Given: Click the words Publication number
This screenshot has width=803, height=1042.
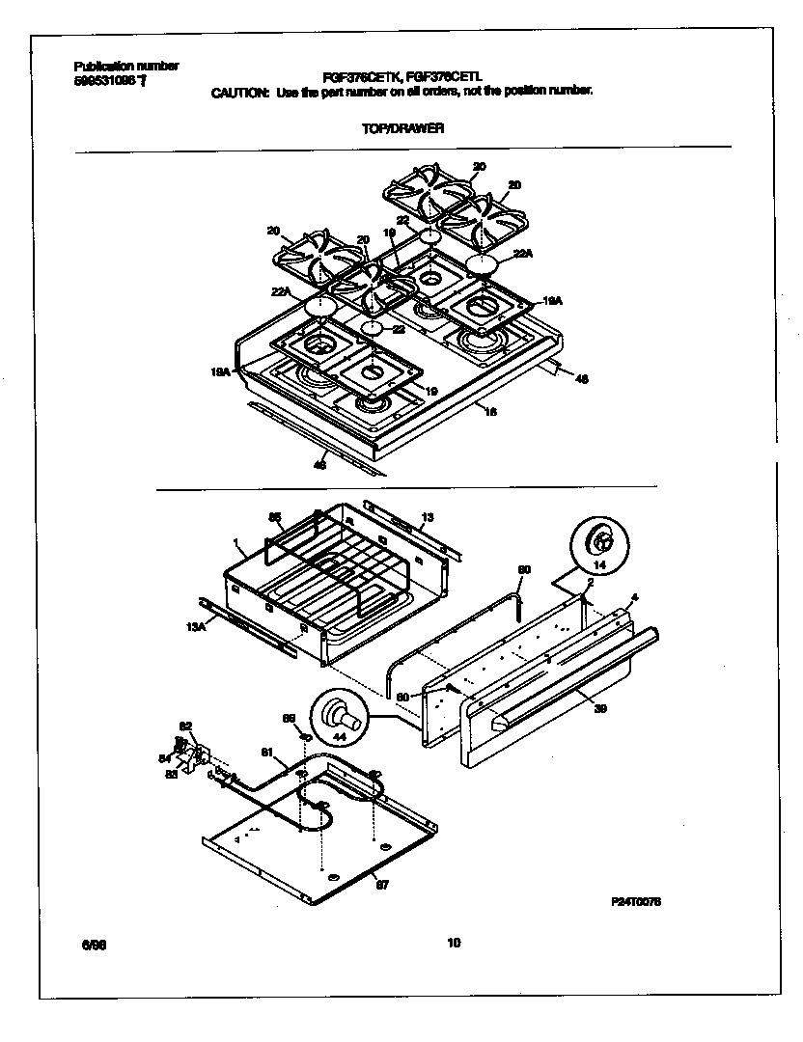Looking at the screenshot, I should (126, 66).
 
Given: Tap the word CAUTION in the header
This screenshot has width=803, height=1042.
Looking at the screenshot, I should (240, 93).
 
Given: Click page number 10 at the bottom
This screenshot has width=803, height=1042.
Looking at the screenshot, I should (454, 944).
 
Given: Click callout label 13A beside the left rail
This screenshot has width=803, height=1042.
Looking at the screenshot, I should (197, 627).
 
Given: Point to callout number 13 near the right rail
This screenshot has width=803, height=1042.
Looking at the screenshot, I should (429, 517).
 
